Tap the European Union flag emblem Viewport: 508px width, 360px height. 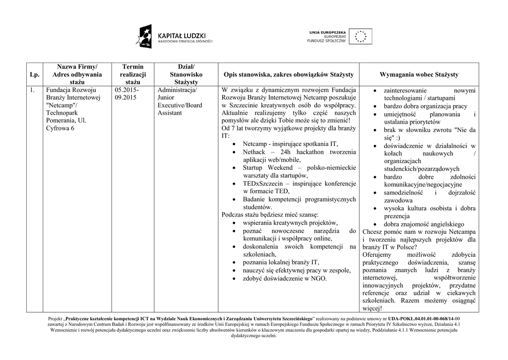tap(361, 37)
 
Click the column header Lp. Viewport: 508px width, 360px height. tap(34, 74)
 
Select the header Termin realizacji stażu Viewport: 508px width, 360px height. tap(132, 74)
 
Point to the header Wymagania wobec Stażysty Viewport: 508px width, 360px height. tap(419, 74)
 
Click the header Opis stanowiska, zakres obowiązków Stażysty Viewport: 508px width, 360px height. tap(288, 74)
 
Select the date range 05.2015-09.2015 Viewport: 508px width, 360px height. tap(127, 94)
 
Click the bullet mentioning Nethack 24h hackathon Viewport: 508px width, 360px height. tap(299, 155)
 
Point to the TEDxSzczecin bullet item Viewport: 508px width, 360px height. tap(299, 187)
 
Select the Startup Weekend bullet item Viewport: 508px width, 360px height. tap(299, 171)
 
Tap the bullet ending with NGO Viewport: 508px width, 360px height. tap(285, 279)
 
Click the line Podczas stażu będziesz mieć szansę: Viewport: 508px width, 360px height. tap(270, 215)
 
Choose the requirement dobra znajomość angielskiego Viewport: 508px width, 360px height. tap(424, 224)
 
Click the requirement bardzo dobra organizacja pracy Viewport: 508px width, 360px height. tap(425, 106)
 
